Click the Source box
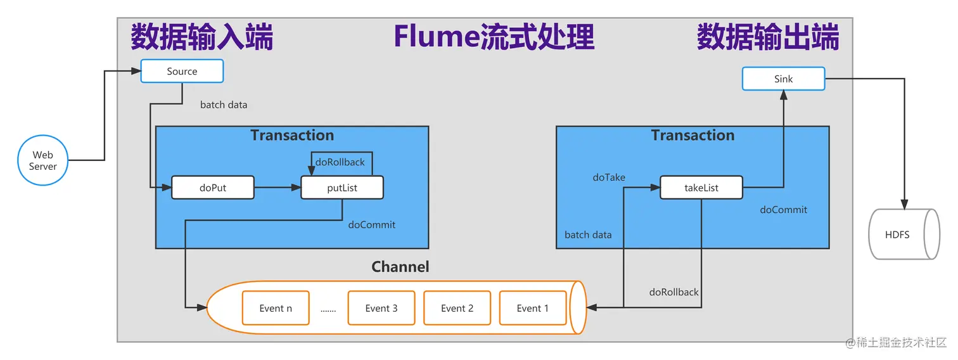pyautogui.click(x=182, y=71)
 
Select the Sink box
pyautogui.click(x=783, y=79)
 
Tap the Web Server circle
pyautogui.click(x=42, y=160)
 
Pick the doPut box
pyautogui.click(x=213, y=188)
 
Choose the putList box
pyautogui.click(x=342, y=188)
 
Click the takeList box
pyautogui.click(x=701, y=188)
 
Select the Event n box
pyautogui.click(x=276, y=308)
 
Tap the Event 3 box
pyautogui.click(x=381, y=308)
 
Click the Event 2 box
pyautogui.click(x=457, y=308)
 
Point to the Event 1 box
pyautogui.click(x=532, y=308)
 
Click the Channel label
pyautogui.click(x=400, y=267)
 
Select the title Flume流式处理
pyautogui.click(x=494, y=37)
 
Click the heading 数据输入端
pyautogui.click(x=202, y=37)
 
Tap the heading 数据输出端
pyautogui.click(x=768, y=37)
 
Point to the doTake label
pyautogui.click(x=609, y=177)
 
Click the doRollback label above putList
pyautogui.click(x=340, y=162)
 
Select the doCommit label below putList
pyautogui.click(x=371, y=224)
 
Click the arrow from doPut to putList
pyautogui.click(x=278, y=188)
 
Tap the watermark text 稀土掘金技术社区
pyautogui.click(x=900, y=343)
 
